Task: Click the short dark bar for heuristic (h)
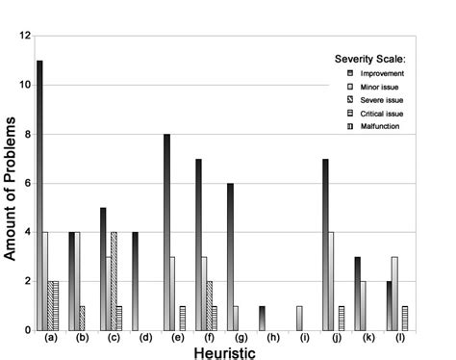pos(261,319)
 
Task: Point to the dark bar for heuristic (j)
pos(325,244)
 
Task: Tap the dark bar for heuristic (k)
pos(357,294)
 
